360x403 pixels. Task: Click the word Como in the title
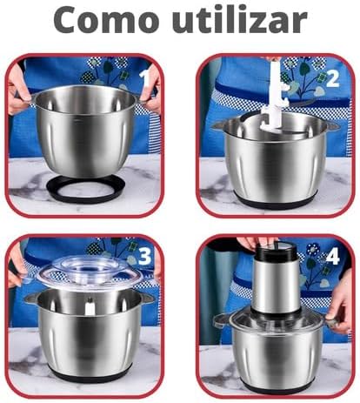pyautogui.click(x=106, y=20)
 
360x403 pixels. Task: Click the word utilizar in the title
pyautogui.click(x=240, y=19)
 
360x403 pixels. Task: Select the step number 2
pyautogui.click(x=332, y=79)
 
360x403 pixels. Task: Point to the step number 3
pyautogui.click(x=144, y=256)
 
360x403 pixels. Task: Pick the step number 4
pyautogui.click(x=332, y=257)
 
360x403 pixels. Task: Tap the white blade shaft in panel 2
pyautogui.click(x=275, y=96)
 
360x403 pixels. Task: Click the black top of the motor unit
pyautogui.click(x=276, y=251)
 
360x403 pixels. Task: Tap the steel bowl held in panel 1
pyautogui.click(x=85, y=131)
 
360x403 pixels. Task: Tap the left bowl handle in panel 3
pyautogui.click(x=31, y=298)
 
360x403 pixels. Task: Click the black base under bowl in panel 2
pyautogui.click(x=275, y=200)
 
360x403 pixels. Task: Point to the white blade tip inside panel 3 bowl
pyautogui.click(x=90, y=307)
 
